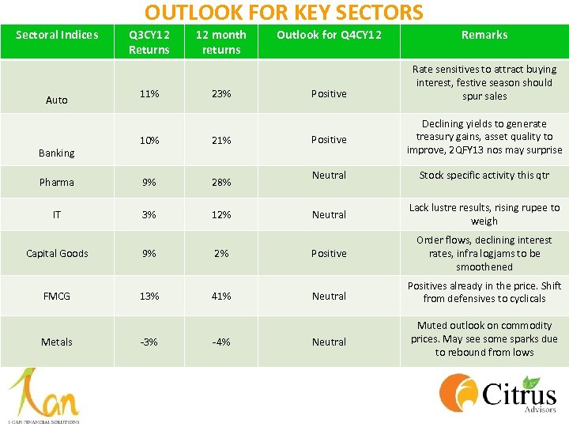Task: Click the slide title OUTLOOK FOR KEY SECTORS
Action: point(284,13)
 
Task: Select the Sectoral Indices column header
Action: point(57,35)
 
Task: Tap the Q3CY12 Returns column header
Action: point(149,42)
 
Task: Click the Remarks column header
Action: point(484,35)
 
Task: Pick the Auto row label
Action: point(57,100)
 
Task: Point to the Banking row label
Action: point(57,153)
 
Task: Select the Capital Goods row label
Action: point(57,253)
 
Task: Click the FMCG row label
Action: point(57,296)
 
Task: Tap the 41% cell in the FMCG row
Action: point(221,296)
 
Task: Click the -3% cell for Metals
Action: point(149,342)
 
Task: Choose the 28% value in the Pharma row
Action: point(221,182)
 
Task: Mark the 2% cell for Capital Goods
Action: point(221,253)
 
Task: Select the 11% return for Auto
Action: point(149,93)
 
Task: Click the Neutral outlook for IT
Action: point(329,214)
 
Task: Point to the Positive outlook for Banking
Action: point(329,139)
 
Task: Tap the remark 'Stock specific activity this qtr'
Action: point(484,176)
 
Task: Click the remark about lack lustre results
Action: point(484,214)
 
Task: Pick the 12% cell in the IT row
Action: point(221,214)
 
